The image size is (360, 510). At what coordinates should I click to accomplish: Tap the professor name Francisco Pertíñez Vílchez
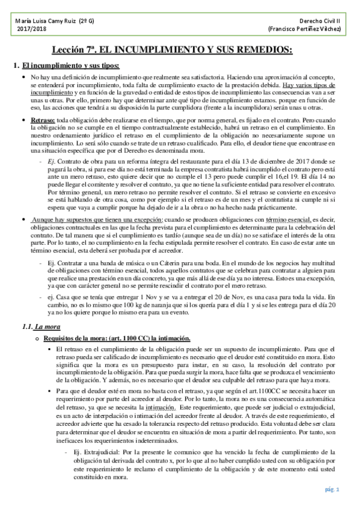(x=305, y=29)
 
